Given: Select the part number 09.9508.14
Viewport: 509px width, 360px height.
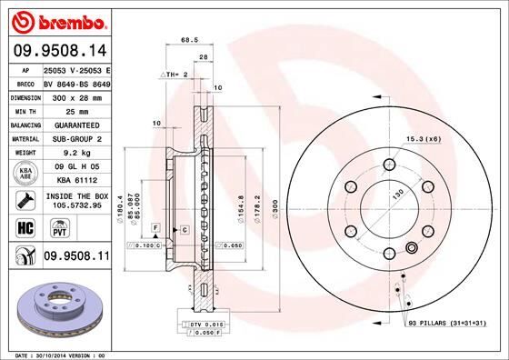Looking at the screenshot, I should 60,51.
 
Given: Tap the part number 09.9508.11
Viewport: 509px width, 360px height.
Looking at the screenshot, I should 76,258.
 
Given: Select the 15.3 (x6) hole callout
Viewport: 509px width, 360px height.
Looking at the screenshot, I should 424,138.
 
